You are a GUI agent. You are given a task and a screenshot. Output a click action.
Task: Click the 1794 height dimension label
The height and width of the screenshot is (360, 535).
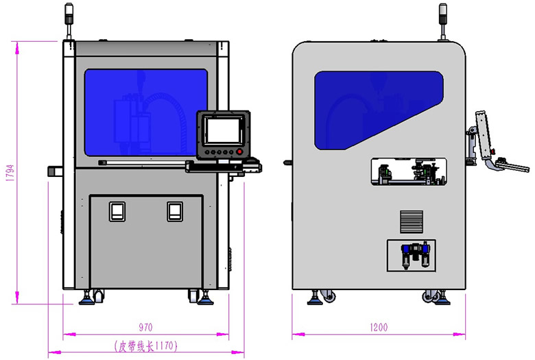click(x=10, y=173)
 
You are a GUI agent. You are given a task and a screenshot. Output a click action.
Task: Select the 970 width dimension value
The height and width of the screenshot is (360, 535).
click(x=145, y=327)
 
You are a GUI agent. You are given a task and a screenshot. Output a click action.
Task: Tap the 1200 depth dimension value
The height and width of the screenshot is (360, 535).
click(x=379, y=327)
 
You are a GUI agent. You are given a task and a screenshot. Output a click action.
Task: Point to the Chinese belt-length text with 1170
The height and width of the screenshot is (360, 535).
click(x=146, y=346)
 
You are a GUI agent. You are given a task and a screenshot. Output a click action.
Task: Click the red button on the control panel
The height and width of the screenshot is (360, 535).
click(x=240, y=152)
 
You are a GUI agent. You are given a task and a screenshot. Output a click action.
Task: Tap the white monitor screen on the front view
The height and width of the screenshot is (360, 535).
click(x=224, y=131)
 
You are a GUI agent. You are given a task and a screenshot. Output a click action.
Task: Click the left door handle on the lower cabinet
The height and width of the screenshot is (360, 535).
click(x=117, y=212)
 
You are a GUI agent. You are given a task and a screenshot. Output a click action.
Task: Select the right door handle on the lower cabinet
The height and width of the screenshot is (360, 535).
click(x=175, y=212)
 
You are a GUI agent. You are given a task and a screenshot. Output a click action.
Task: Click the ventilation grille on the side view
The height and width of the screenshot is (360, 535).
click(x=412, y=221)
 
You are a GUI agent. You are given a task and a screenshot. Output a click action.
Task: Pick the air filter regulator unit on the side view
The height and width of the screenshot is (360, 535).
click(x=414, y=255)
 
